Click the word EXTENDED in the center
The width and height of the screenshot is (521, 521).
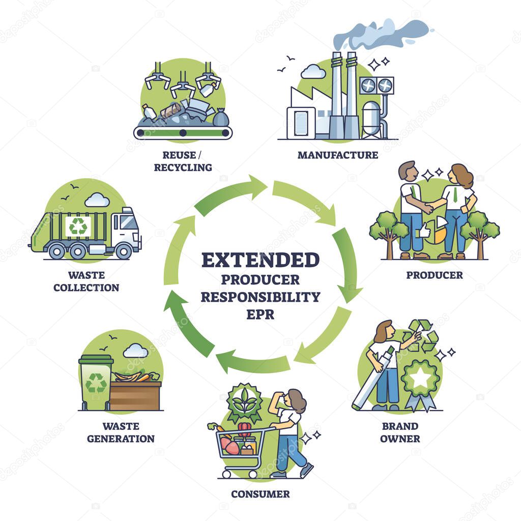tap(260, 259)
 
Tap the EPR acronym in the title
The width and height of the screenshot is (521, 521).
tap(260, 314)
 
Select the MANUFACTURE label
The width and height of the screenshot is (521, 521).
tap(338, 155)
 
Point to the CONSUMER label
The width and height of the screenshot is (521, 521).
tap(260, 494)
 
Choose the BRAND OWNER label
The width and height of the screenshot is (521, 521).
tap(400, 432)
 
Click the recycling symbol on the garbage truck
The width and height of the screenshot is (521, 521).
tap(78, 226)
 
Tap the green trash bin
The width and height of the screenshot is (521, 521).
tap(96, 383)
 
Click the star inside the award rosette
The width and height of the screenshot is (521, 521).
tap(420, 378)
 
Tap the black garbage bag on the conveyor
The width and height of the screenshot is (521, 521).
tap(220, 119)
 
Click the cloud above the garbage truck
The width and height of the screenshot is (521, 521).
tap(97, 200)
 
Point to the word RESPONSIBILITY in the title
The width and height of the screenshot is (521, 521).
tap(260, 297)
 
